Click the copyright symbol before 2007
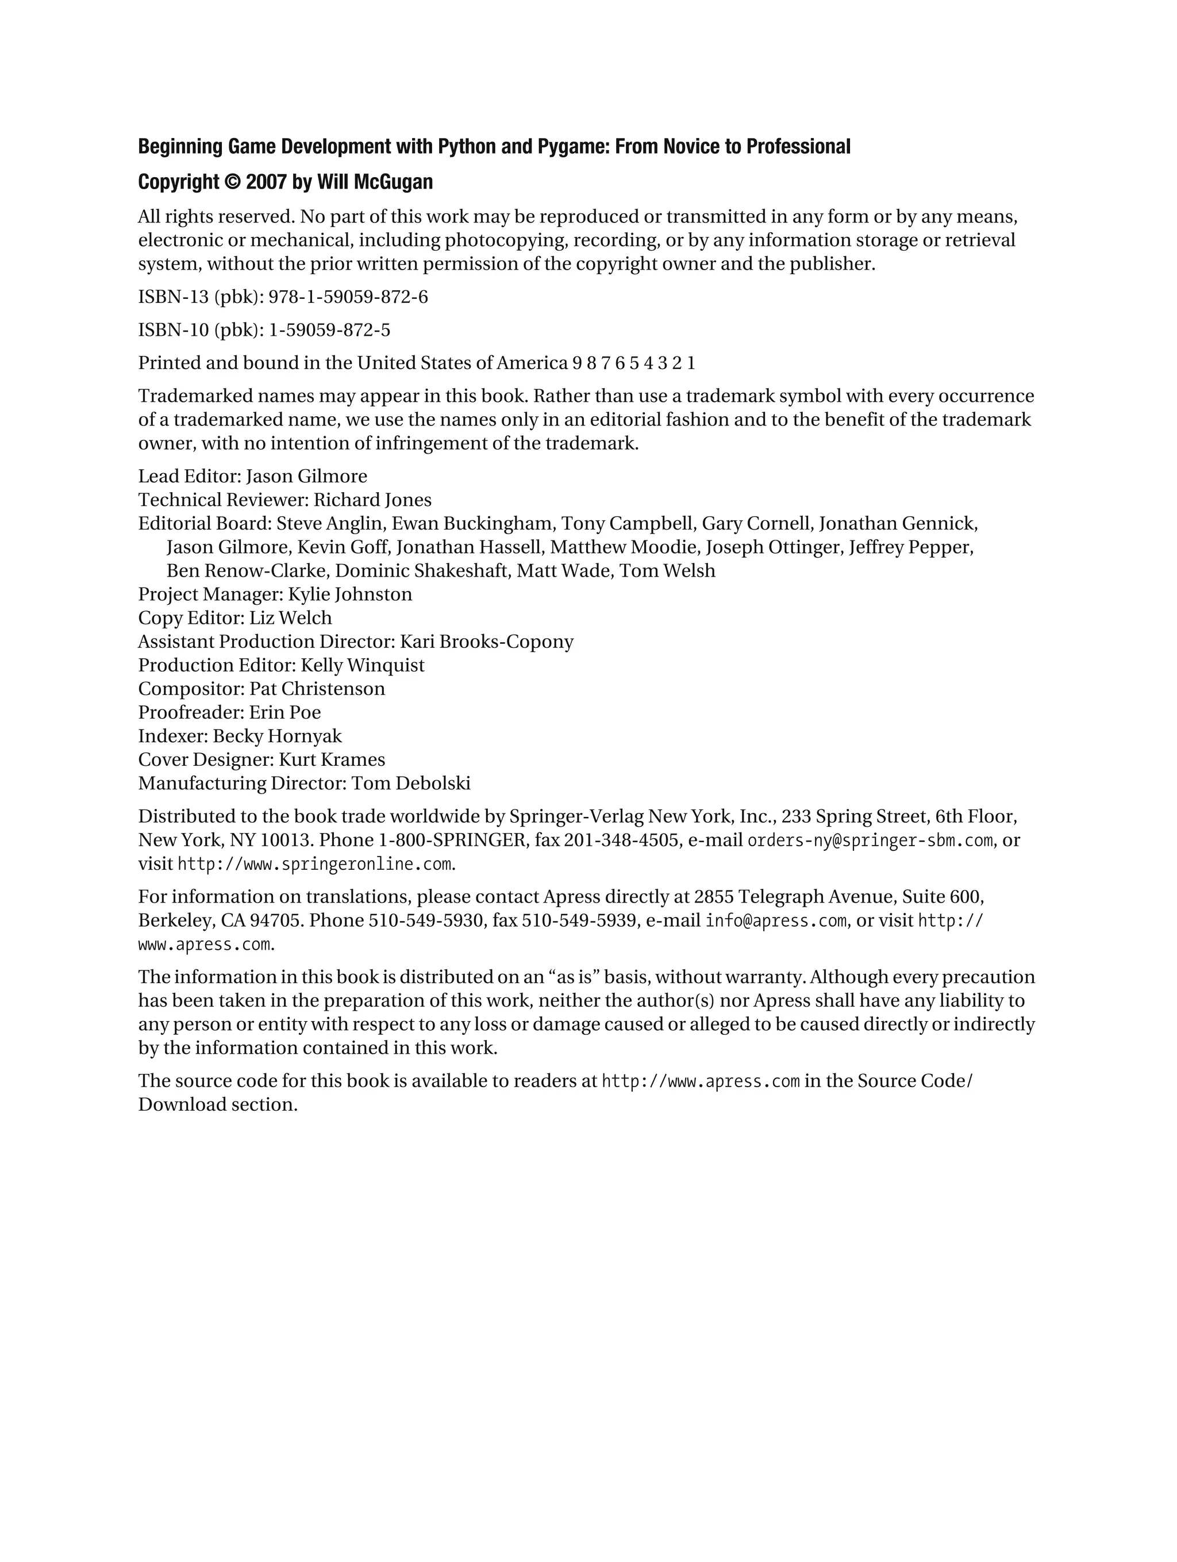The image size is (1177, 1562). (232, 182)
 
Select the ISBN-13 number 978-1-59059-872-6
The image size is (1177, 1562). (348, 297)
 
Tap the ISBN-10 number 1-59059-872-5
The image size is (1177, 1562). (329, 331)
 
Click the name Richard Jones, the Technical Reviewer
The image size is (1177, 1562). (372, 500)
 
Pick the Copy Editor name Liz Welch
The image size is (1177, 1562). (290, 618)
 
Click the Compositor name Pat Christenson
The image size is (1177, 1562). (317, 689)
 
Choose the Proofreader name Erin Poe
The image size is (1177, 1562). (284, 712)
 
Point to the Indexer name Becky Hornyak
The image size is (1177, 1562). (277, 736)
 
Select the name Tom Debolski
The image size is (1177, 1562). (411, 784)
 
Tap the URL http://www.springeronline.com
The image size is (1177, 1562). (314, 864)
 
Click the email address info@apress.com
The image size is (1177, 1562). (776, 921)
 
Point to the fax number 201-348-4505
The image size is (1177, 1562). (621, 841)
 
